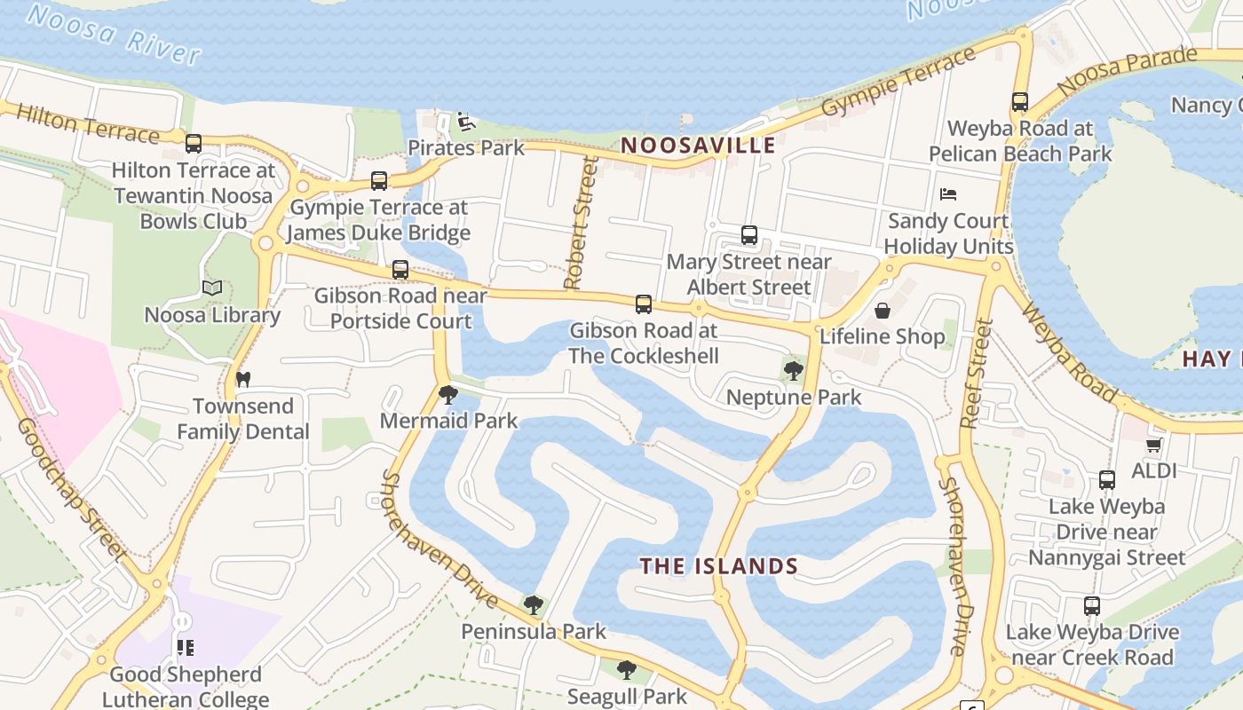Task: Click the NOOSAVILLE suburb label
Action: click(x=698, y=146)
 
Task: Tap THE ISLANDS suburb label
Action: click(x=719, y=566)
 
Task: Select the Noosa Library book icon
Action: click(x=211, y=288)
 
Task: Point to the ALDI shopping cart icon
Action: click(x=1153, y=445)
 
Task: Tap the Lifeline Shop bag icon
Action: click(x=883, y=311)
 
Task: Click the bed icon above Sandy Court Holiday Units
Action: click(x=948, y=193)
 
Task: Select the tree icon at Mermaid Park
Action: click(x=448, y=394)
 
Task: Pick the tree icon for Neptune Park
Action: click(x=793, y=371)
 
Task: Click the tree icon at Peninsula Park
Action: click(x=533, y=605)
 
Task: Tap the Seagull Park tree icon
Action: click(x=627, y=669)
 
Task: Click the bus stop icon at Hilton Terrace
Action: click(x=194, y=143)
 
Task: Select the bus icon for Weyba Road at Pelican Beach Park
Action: click(x=1019, y=102)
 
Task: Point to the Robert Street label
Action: click(x=579, y=224)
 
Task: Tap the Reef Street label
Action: click(x=977, y=373)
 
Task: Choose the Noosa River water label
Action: click(x=114, y=34)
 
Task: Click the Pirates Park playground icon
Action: click(x=464, y=122)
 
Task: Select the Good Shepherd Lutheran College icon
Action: click(x=185, y=648)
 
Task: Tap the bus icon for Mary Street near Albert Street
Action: click(x=749, y=235)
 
